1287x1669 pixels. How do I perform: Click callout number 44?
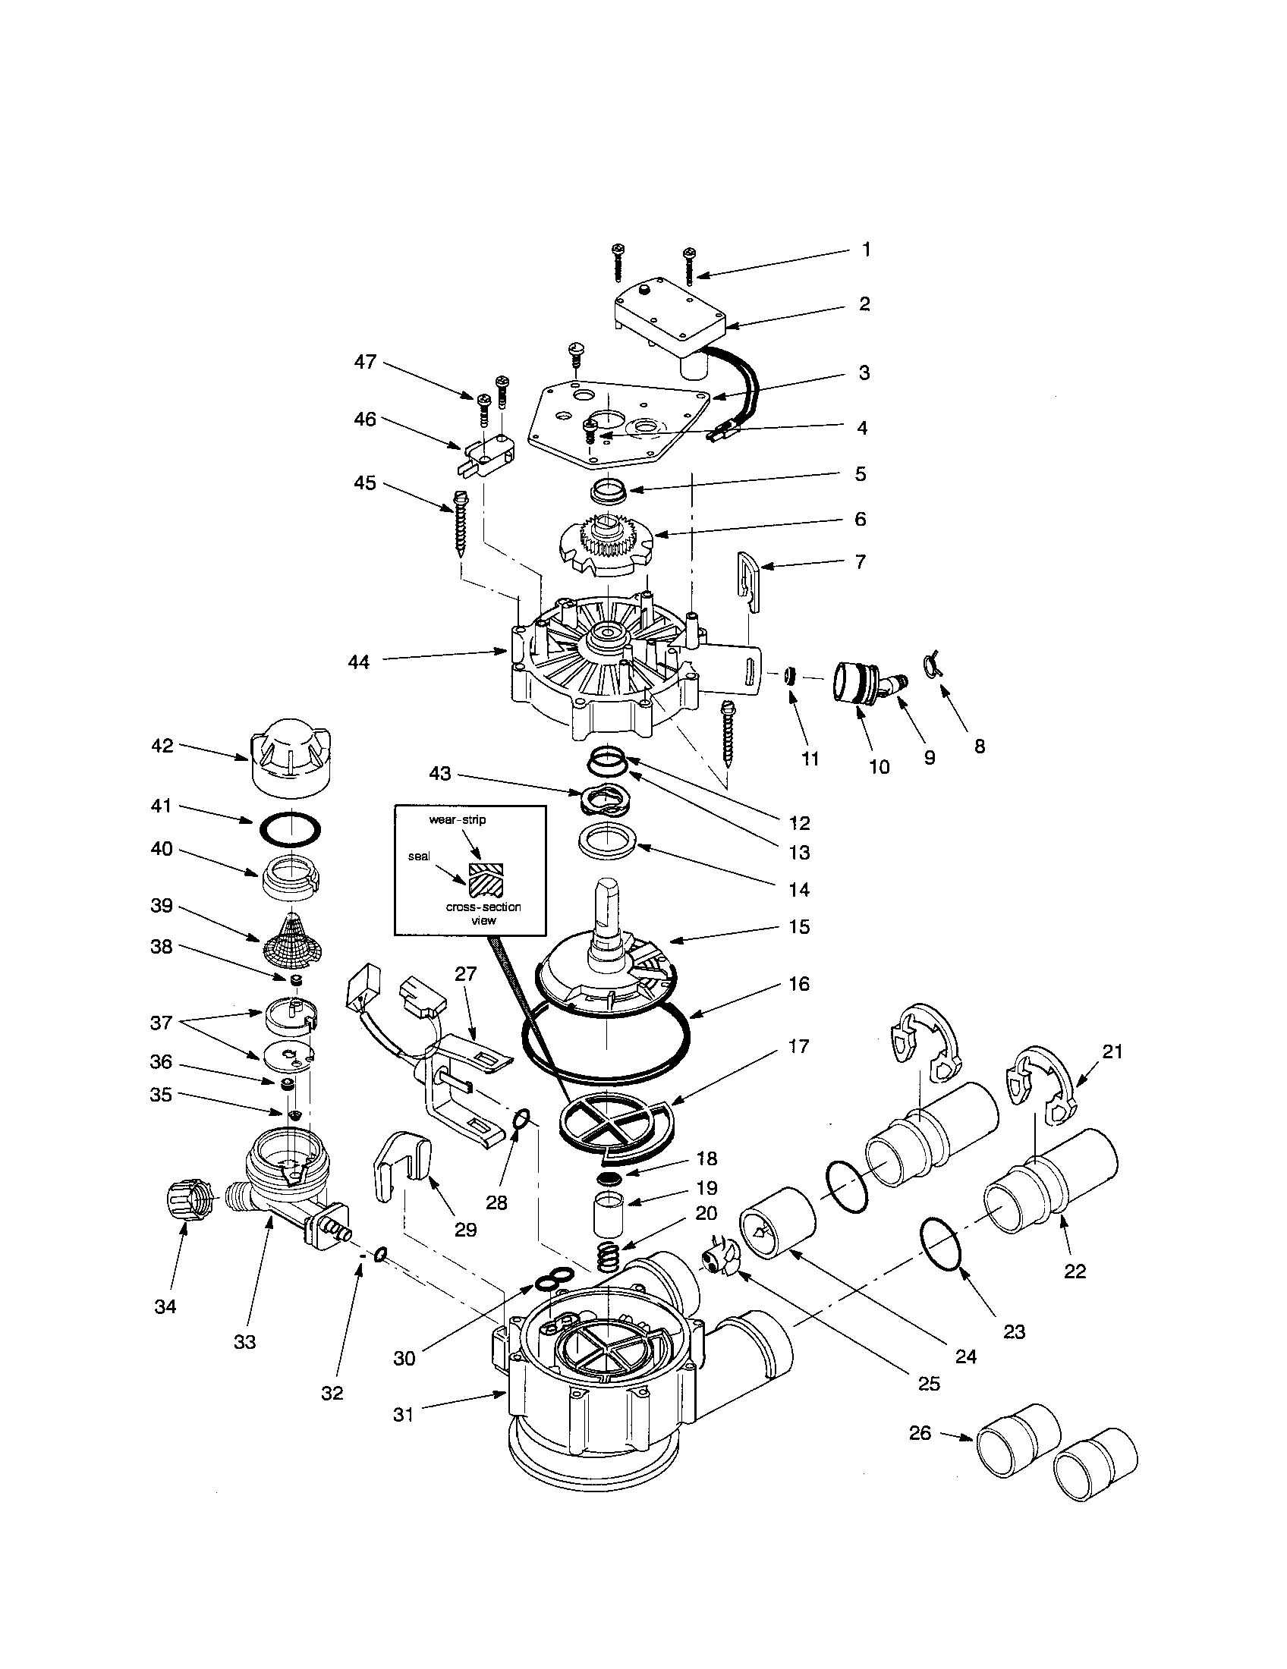coord(358,662)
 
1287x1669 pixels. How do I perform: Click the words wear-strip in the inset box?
coord(457,819)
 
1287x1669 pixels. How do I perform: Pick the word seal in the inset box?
coord(419,857)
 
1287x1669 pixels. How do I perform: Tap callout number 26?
coord(920,1432)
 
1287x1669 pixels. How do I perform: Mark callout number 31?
coord(403,1415)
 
